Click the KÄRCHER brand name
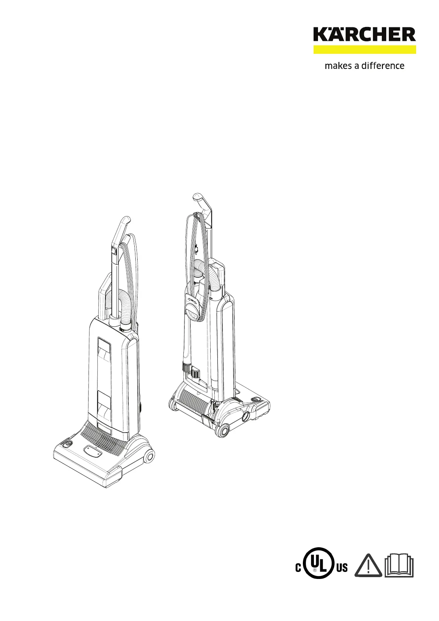364,34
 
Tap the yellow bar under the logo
365,49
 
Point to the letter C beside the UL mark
298,568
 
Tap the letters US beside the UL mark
342,568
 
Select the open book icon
399,566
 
